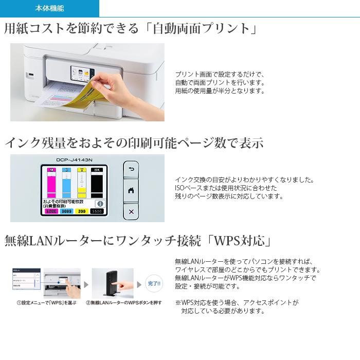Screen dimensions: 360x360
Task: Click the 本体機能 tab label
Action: [50, 9]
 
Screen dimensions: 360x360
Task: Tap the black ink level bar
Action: [97, 182]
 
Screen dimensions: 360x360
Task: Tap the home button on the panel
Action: [131, 190]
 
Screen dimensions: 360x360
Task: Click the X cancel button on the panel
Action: [131, 211]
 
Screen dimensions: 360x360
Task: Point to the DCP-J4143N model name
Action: [74, 160]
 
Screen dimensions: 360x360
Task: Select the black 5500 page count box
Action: [97, 211]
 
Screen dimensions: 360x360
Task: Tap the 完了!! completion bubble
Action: [154, 283]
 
